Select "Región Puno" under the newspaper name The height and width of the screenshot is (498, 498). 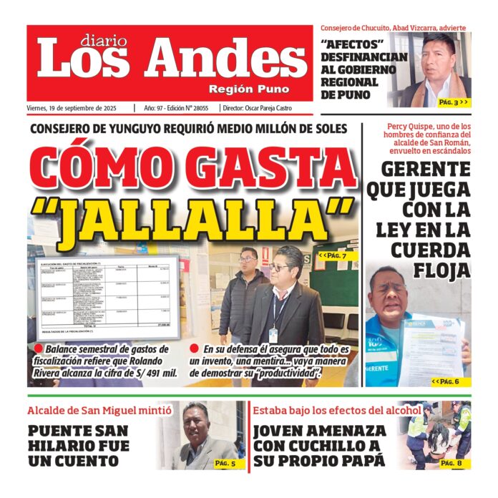[x=249, y=89]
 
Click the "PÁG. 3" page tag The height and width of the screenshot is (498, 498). [x=453, y=102]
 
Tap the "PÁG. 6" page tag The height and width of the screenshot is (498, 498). [x=449, y=381]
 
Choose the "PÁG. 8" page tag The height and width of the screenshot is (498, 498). [x=451, y=464]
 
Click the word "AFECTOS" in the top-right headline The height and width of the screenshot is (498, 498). [x=352, y=43]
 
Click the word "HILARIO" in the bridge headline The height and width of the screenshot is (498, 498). [x=60, y=446]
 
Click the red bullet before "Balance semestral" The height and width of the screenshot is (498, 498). [x=39, y=349]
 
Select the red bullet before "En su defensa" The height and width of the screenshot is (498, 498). [x=195, y=349]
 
